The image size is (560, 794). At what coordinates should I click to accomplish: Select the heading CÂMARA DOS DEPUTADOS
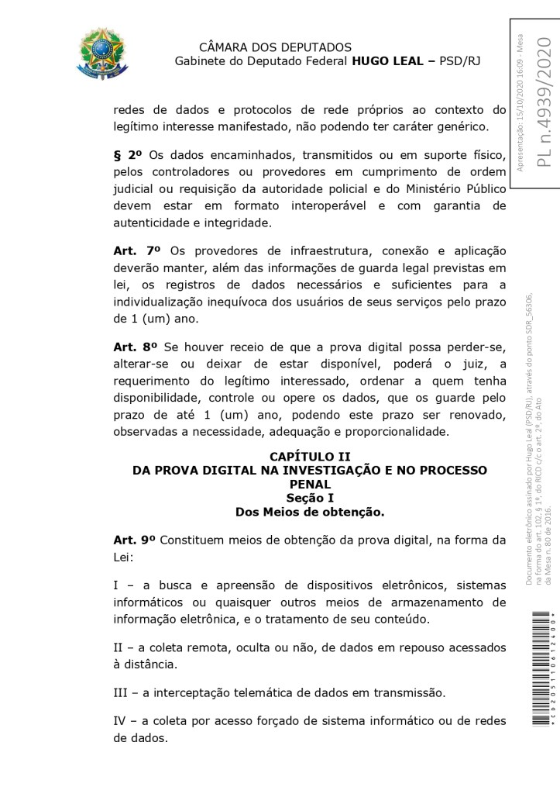click(x=275, y=48)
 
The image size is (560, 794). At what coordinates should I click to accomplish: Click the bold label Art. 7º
click(x=136, y=251)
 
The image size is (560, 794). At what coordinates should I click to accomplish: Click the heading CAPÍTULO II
click(x=309, y=457)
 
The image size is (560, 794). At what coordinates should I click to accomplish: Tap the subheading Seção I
click(x=309, y=498)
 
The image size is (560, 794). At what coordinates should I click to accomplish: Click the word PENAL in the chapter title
click(x=309, y=484)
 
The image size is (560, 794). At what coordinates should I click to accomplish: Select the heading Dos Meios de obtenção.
click(x=309, y=512)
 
